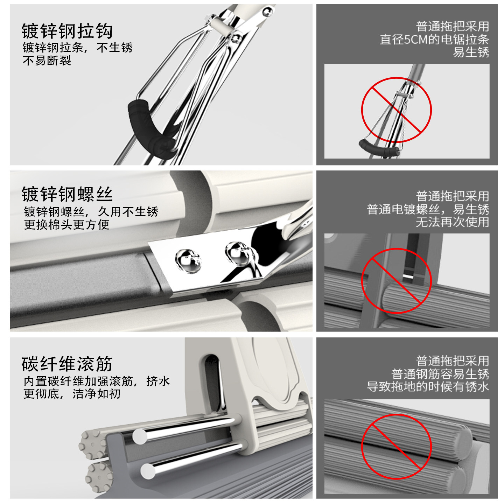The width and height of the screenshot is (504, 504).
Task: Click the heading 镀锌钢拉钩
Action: pyautogui.click(x=67, y=31)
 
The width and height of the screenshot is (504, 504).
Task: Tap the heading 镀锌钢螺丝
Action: pyautogui.click(x=67, y=194)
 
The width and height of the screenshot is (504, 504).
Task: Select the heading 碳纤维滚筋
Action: pyautogui.click(x=67, y=364)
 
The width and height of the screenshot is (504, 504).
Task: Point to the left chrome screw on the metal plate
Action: pyautogui.click(x=188, y=261)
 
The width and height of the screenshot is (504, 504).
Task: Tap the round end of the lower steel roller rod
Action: pyautogui.click(x=148, y=471)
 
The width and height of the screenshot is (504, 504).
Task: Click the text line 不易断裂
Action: pyautogui.click(x=47, y=61)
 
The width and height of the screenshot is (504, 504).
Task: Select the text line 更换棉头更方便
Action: pyautogui.click(x=66, y=224)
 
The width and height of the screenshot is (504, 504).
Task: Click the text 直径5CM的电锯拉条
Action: pyautogui.click(x=434, y=40)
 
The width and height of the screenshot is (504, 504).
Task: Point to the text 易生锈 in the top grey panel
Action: pyautogui.click(x=471, y=52)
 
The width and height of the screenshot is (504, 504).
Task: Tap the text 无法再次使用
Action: pyautogui.click(x=453, y=222)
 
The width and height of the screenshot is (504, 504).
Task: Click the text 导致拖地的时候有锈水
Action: pyautogui.click(x=428, y=386)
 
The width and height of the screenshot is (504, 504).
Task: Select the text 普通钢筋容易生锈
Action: pyautogui.click(x=440, y=374)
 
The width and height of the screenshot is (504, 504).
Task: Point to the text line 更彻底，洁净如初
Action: pyautogui.click(x=72, y=394)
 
